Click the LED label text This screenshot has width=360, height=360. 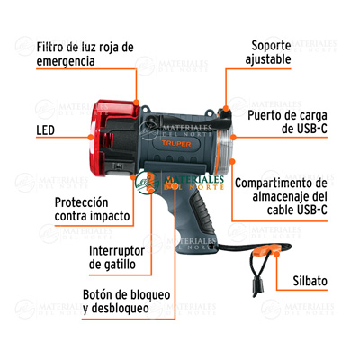[x=45, y=130]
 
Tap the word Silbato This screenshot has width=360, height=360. [x=310, y=281]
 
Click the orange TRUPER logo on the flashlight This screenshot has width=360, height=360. [x=176, y=144]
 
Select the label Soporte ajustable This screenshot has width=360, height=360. [x=268, y=52]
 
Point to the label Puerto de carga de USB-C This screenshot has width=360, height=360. [x=287, y=122]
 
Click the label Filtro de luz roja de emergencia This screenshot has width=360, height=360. [x=85, y=54]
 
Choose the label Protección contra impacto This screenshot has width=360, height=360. [x=92, y=209]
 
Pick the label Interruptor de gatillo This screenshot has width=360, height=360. [x=117, y=257]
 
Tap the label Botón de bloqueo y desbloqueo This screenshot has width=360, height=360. [x=126, y=301]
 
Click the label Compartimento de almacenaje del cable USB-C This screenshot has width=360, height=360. [x=281, y=196]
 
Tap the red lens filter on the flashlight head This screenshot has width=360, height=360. [x=114, y=138]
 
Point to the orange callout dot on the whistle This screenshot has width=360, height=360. [x=277, y=254]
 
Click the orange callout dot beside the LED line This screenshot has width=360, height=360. [x=91, y=137]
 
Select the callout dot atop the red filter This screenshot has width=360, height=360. [x=136, y=103]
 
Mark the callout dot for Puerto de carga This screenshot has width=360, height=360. [x=233, y=137]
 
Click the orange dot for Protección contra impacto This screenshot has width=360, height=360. [x=133, y=177]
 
